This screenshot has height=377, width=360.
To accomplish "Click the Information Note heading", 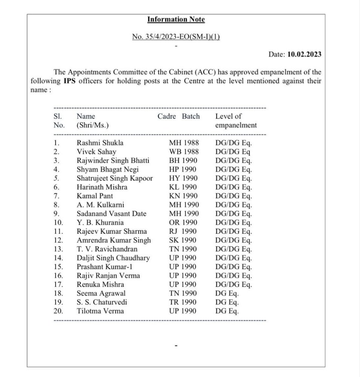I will point(176,19).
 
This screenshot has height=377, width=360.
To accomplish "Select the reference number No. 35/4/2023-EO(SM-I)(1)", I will point(176,37).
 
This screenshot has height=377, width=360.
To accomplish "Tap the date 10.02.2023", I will point(304,54).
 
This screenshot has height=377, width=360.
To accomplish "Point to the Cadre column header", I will point(167,116).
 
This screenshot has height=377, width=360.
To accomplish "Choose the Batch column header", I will point(191,116).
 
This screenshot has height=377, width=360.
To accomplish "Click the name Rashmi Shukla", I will point(100,143).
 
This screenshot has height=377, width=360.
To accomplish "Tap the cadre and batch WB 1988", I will point(184,152).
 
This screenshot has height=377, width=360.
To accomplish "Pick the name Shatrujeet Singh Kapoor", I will point(115,178).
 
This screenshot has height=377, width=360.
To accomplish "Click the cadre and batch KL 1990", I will point(184,187).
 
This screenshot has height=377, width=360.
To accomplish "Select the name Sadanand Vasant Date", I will point(111,214).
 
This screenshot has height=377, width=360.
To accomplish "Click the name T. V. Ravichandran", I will point(107,249).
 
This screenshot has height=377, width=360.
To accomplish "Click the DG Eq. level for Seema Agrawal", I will point(227,293).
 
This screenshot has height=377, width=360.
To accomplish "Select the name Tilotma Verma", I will point(100,311).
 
